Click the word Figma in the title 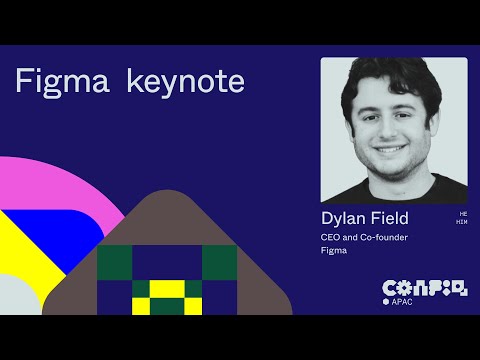click(x=63, y=81)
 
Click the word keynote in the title click(x=186, y=82)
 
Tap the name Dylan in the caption click(x=344, y=217)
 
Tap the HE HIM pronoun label click(x=461, y=218)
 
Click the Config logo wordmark click(x=425, y=287)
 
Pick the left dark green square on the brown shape click(x=114, y=261)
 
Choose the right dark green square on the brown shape click(x=219, y=261)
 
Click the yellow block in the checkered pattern click(x=167, y=296)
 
